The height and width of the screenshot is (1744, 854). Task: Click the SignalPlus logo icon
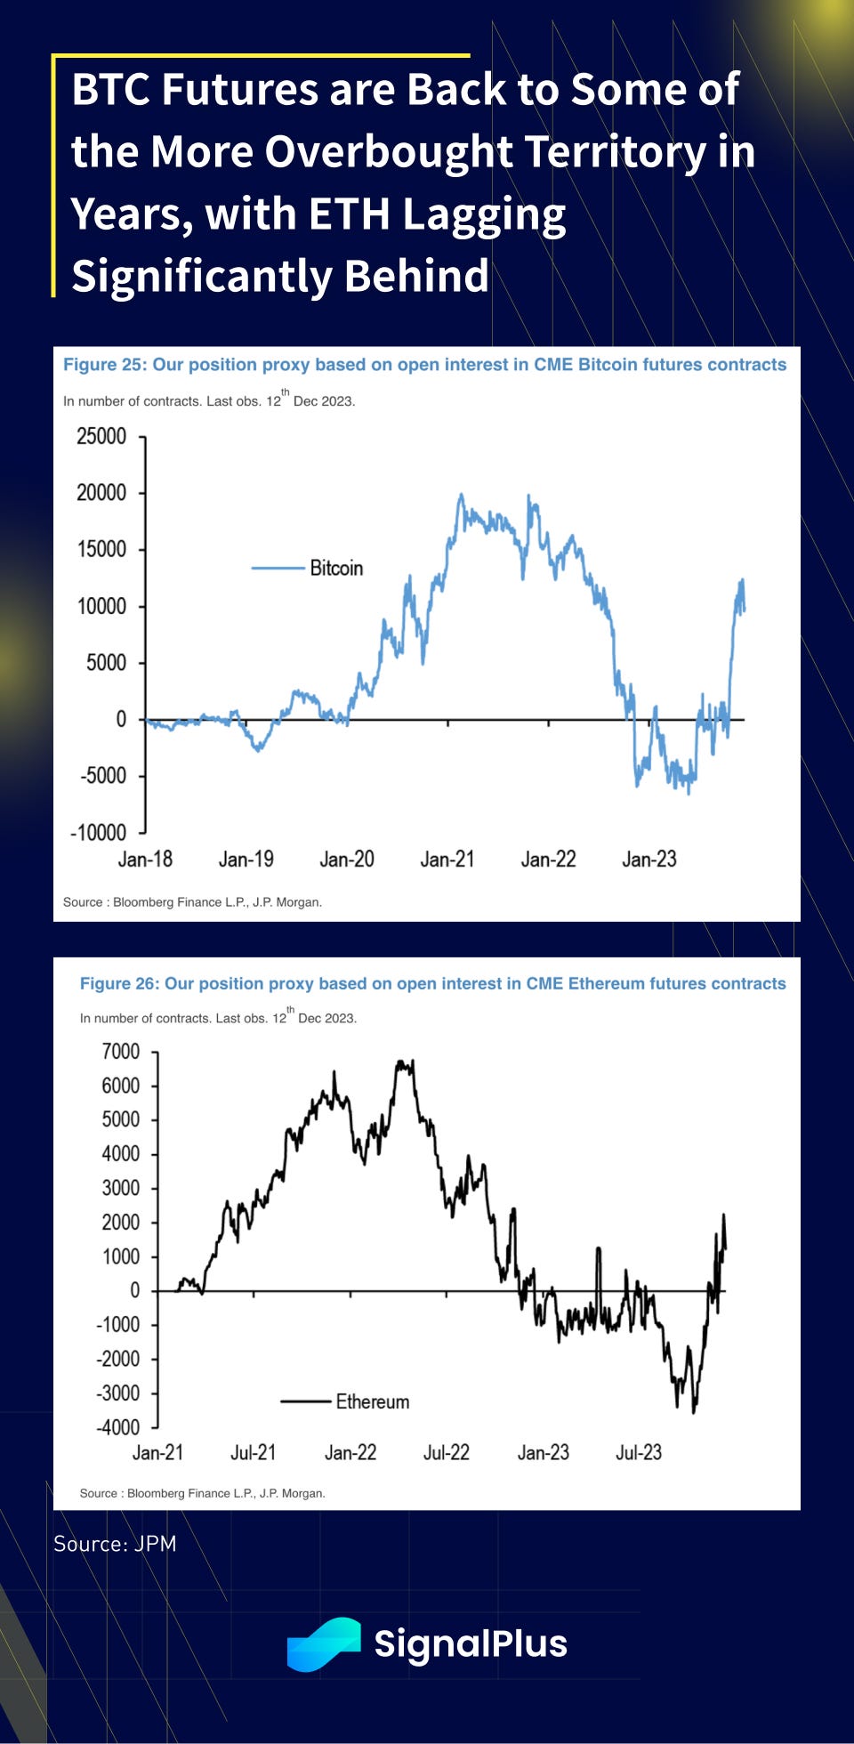coord(323,1643)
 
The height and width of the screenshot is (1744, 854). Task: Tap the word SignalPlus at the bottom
coord(471,1643)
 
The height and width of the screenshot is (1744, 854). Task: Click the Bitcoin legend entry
coord(335,568)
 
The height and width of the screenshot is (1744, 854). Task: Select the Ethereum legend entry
coord(372,1401)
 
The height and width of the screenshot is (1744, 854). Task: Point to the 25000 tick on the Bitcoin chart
coord(101,436)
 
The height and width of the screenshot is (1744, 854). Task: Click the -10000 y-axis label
coord(99,832)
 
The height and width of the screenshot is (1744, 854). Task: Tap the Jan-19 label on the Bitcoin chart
coord(246,859)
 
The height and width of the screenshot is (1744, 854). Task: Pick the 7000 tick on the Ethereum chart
coord(121,1052)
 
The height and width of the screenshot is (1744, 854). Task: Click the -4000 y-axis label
coord(118,1427)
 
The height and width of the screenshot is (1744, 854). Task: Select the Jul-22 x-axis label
coord(446,1452)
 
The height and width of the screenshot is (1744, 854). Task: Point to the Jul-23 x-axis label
coord(639,1452)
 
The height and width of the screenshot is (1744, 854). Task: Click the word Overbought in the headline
coord(388,151)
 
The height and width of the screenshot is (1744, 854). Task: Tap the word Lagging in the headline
coord(482,214)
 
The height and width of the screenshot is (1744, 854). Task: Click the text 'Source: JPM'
coord(115,1544)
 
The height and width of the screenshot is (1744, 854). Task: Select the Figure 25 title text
coord(424,365)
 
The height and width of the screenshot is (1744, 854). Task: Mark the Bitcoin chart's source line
coord(192,902)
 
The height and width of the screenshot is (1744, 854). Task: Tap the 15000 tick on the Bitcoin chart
coord(101,549)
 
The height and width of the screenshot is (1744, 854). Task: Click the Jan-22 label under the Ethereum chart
coord(350,1452)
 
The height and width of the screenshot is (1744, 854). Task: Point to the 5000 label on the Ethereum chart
coord(121,1119)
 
